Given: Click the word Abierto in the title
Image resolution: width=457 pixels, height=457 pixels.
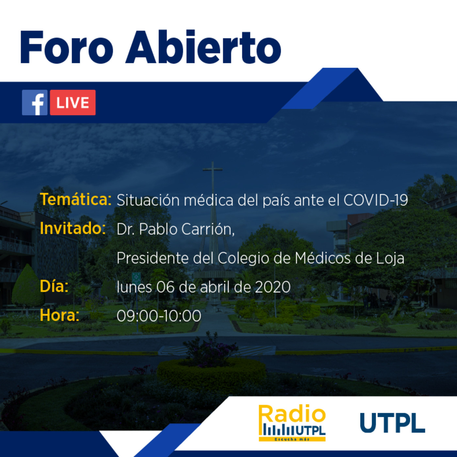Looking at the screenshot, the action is point(203,47).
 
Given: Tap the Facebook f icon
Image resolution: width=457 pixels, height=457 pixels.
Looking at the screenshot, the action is point(35,102).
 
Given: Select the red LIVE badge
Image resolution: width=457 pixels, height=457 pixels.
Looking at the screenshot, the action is point(73,102).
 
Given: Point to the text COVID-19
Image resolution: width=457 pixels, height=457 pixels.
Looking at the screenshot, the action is point(376,200).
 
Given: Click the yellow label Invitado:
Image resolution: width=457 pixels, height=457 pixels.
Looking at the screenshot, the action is point(73,228).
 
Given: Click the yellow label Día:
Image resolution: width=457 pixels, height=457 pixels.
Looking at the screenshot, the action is point(54,286).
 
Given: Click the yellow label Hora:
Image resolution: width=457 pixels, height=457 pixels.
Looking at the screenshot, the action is point(59,315).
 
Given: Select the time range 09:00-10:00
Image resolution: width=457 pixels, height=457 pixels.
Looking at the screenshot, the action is point(159,316).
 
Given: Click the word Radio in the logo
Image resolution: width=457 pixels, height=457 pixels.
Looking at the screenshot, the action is point(292,414).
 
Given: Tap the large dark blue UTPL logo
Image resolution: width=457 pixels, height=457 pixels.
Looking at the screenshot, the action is point(392,423).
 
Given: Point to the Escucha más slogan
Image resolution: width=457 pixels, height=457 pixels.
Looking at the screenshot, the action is point(292,439).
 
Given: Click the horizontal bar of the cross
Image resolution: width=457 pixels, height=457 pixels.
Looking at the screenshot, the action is point(213,169).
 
